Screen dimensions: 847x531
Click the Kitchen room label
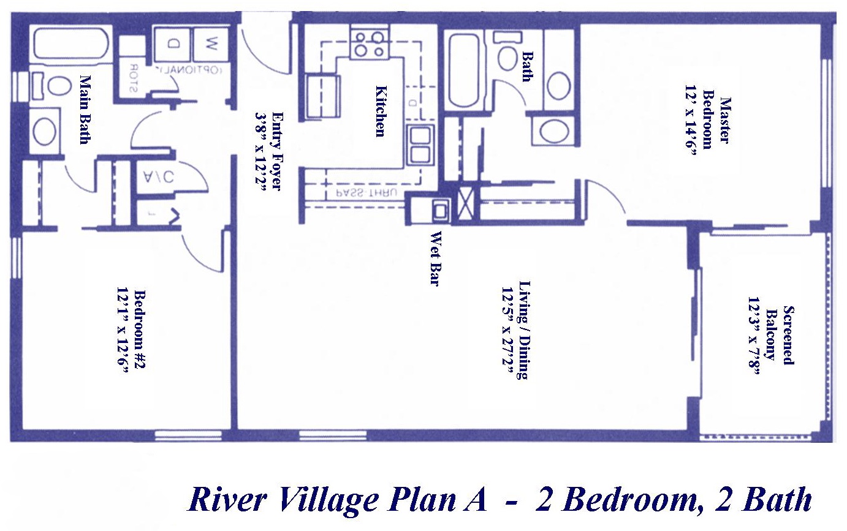coord(381,111)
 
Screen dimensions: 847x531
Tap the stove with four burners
coord(370,43)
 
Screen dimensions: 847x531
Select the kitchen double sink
coord(420,145)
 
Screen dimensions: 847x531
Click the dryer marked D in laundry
coord(173,43)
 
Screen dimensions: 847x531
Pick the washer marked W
coord(211,43)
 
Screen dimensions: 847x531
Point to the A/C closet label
coord(159,176)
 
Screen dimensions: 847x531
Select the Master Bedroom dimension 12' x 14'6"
coord(691,120)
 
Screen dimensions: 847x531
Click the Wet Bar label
coord(436,259)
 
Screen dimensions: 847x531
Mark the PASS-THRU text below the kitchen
coord(367,194)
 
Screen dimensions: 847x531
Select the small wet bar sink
coord(440,211)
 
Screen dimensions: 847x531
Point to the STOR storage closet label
coord(134,78)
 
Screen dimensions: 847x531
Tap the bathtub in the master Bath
coord(465,71)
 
